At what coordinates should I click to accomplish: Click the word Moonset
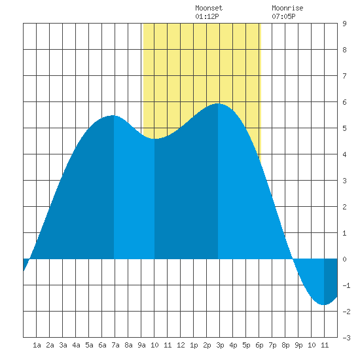pos(209,8)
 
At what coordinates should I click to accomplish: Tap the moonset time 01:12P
pos(207,16)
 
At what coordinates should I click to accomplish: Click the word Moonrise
pos(287,8)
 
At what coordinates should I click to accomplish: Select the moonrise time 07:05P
pos(283,16)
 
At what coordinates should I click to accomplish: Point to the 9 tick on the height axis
pos(344,24)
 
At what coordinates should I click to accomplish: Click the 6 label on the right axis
pos(344,102)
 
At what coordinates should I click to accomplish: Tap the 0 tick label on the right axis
pos(344,259)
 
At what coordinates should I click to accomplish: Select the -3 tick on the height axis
pos(346,338)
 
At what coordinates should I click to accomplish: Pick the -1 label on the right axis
pos(346,285)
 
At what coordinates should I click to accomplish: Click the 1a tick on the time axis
pos(37,345)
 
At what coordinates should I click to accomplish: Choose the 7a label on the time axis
pos(115,345)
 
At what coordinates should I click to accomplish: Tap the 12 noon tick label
pos(181,345)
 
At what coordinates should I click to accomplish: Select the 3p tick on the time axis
pos(220,345)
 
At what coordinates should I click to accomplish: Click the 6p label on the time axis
pos(259,345)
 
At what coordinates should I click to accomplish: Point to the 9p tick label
pos(298,345)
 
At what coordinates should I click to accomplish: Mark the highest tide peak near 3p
pos(218,103)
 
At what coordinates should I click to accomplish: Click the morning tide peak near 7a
pos(113,115)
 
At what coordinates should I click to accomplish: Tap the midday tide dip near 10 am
pos(154,139)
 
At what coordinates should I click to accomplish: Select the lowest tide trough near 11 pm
pos(323,304)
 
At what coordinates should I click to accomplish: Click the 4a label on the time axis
pos(76,345)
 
